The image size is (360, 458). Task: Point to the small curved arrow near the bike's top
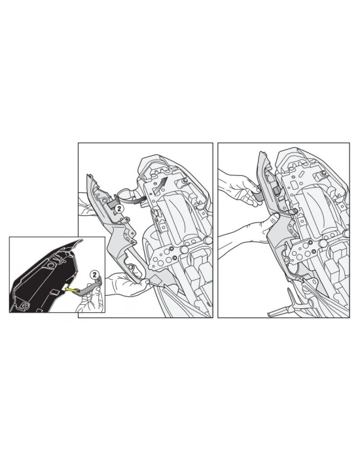pos(161,179)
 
